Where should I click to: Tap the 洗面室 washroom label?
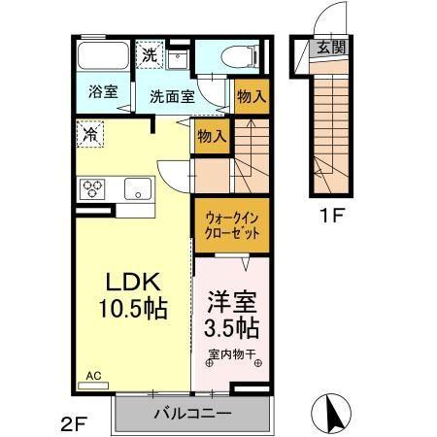pos(172,97)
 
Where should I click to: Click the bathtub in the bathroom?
pos(102,55)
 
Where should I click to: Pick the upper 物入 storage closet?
pos(252,96)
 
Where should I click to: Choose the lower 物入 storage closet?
pos(211,136)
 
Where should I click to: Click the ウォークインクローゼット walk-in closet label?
pos(230,226)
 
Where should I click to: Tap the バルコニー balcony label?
pos(191,414)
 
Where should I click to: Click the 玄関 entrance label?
pos(323,48)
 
